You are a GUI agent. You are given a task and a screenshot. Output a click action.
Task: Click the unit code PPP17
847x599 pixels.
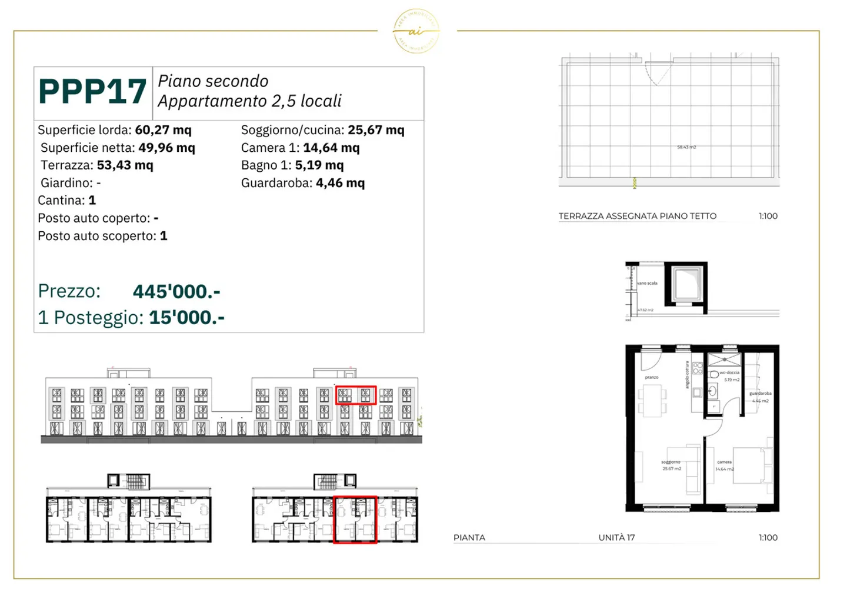point(92,92)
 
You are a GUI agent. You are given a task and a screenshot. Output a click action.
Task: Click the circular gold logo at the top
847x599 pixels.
point(416,31)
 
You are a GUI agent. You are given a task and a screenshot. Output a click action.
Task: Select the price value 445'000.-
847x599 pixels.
point(176,291)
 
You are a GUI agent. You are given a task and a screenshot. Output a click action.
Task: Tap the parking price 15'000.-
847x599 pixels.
point(186,318)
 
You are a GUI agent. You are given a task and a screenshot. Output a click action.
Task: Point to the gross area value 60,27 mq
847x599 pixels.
point(163,130)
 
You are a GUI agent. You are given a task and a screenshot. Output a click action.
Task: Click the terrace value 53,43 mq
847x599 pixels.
point(125,165)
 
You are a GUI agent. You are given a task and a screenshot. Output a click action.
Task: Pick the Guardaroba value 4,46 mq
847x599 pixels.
point(340,183)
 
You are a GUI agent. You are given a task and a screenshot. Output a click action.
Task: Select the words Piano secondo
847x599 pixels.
point(213,81)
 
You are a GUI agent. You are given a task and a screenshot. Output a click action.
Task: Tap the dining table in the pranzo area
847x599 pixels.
point(651,400)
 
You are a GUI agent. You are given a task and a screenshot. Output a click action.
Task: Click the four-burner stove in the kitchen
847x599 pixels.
point(698,368)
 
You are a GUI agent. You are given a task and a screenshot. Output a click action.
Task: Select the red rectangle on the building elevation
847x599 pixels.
point(355,395)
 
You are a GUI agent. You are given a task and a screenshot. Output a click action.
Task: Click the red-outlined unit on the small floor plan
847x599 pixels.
point(355,519)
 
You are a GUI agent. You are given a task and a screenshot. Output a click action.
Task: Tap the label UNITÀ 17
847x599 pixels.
point(616,538)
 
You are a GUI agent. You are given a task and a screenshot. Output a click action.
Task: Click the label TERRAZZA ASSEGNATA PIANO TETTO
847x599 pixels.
point(637,216)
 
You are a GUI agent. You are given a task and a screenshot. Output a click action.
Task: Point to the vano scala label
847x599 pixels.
point(647,283)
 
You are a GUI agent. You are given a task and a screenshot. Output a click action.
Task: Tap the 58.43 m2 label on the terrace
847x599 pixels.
point(686,147)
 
